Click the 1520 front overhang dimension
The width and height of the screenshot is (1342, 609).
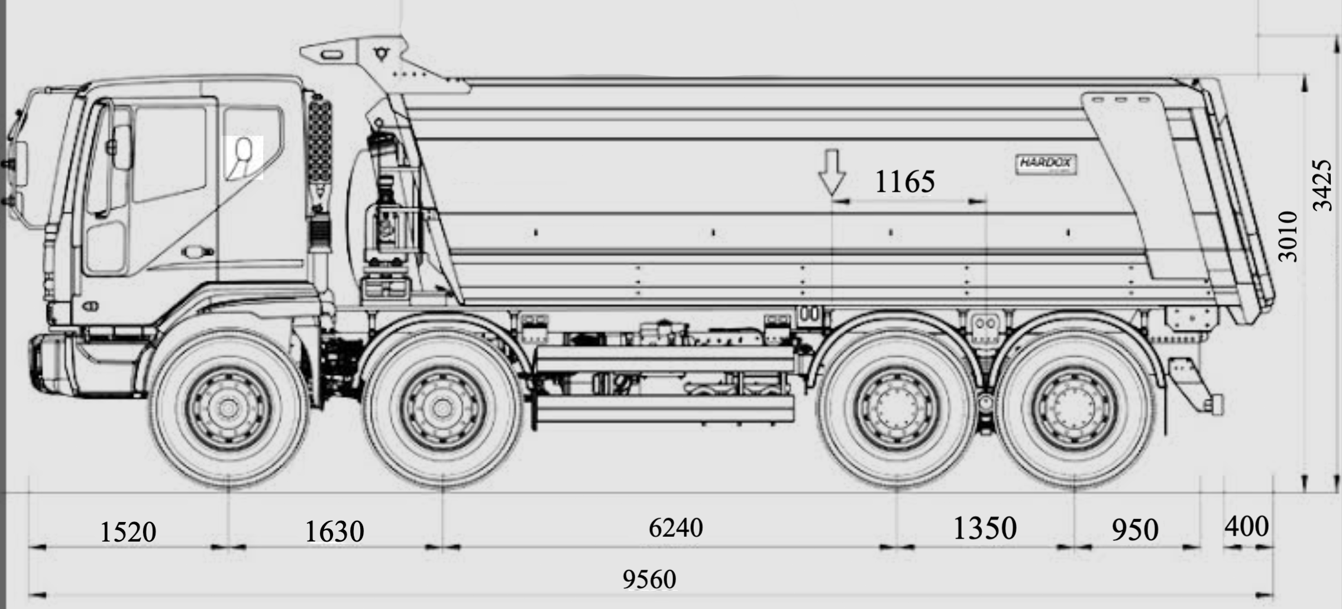[128, 531]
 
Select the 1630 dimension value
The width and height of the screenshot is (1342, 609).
[334, 531]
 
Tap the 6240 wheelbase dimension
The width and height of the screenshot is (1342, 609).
[675, 527]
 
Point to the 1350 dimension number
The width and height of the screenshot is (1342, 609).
[985, 528]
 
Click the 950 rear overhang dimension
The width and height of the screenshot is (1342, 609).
[1134, 530]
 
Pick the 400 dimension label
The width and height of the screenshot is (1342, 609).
[1246, 526]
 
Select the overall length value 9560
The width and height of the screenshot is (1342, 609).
[649, 579]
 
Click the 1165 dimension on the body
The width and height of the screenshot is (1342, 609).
[904, 181]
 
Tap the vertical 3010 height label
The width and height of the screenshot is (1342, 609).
[1288, 236]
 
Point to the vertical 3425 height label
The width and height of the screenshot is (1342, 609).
[1322, 185]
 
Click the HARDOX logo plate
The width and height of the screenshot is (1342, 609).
[1046, 164]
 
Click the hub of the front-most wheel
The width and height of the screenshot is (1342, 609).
[228, 407]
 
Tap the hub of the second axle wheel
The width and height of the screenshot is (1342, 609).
[442, 407]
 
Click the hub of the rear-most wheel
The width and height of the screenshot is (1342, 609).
[1076, 407]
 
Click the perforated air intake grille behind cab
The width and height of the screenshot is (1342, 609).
[320, 142]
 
